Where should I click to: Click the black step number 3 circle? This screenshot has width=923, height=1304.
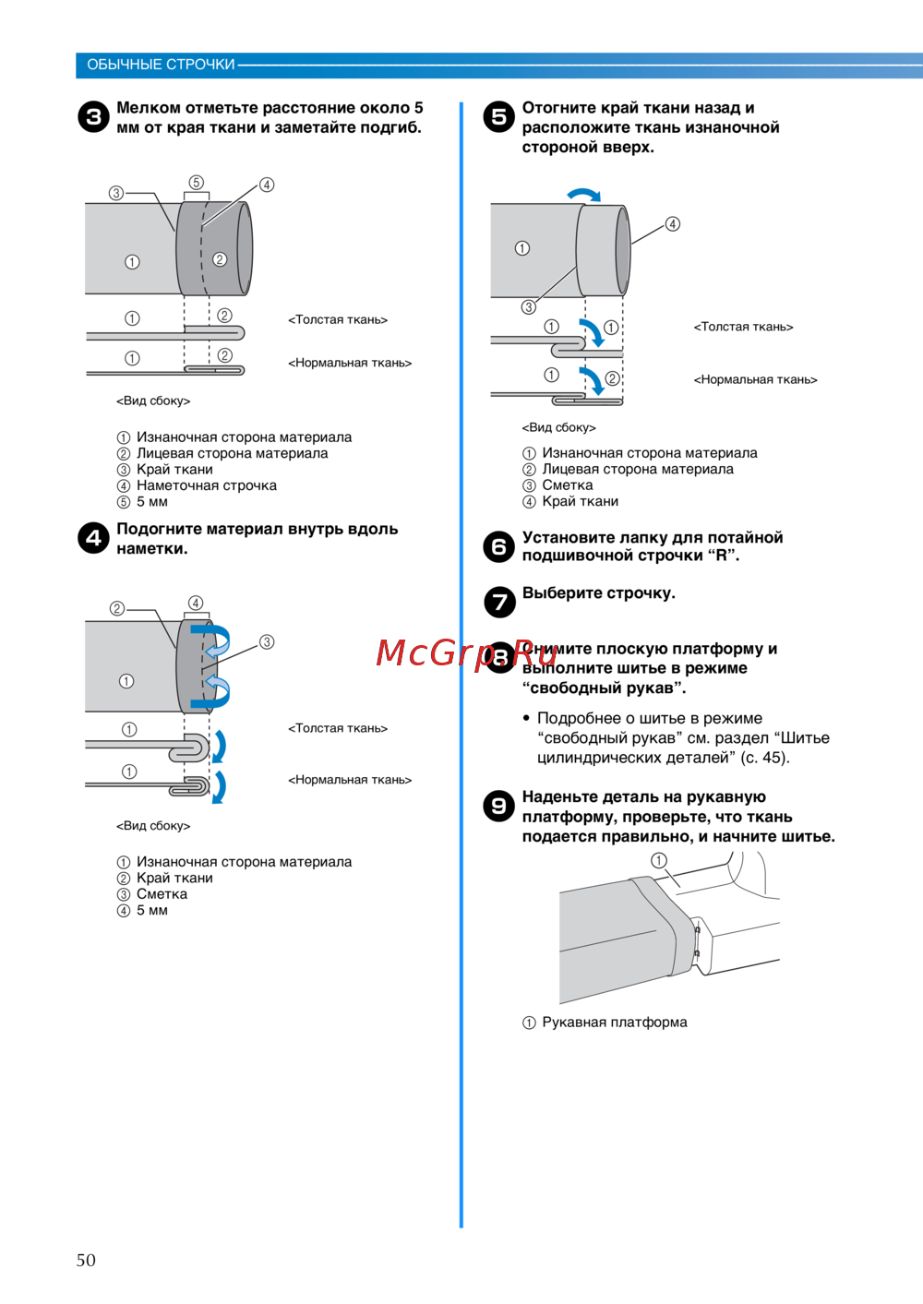[x=93, y=117]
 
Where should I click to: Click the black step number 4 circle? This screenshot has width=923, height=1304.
[x=93, y=537]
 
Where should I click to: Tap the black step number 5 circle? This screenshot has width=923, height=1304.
[x=498, y=116]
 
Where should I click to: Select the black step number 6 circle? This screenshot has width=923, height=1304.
[x=498, y=546]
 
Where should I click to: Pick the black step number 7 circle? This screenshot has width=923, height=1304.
[x=498, y=602]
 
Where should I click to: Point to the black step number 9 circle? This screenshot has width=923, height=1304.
[x=498, y=806]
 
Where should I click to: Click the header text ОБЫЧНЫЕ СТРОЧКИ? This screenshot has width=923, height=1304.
[x=161, y=65]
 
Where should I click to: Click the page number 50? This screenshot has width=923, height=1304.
[x=86, y=1260]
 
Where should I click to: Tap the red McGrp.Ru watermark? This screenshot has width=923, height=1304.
[x=467, y=652]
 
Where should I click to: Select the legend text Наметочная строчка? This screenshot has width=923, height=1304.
[x=206, y=485]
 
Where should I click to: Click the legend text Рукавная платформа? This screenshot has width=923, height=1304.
[x=614, y=1023]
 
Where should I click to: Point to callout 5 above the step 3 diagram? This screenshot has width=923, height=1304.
[x=196, y=183]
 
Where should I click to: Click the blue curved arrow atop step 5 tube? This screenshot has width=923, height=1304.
[x=583, y=195]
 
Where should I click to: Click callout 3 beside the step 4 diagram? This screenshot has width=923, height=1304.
[x=267, y=642]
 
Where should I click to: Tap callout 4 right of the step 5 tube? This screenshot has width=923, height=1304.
[x=673, y=224]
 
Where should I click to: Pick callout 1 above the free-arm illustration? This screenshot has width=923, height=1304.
[x=659, y=860]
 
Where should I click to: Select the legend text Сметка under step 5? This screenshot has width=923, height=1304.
[x=567, y=485]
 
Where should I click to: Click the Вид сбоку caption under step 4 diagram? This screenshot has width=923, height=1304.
[x=153, y=826]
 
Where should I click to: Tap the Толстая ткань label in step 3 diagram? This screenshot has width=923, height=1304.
[x=338, y=320]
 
